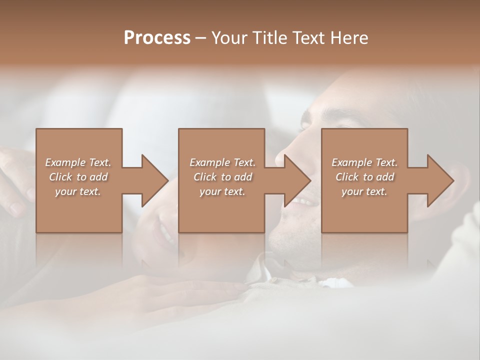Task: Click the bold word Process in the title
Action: coord(157,37)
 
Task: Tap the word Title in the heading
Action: coord(269,37)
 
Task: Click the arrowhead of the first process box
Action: coord(154,180)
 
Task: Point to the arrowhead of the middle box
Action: coord(297,180)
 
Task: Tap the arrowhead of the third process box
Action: coord(440,180)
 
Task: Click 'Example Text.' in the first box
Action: coord(78,162)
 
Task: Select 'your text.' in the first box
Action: coord(78,191)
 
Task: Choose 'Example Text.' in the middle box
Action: coord(222,162)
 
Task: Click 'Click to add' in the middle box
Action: coord(222,177)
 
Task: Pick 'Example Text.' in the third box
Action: coord(364,162)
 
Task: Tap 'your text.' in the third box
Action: coord(364,191)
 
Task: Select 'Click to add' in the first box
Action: coord(78,177)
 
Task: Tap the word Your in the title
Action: coord(228,37)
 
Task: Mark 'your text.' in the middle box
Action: coord(222,191)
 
